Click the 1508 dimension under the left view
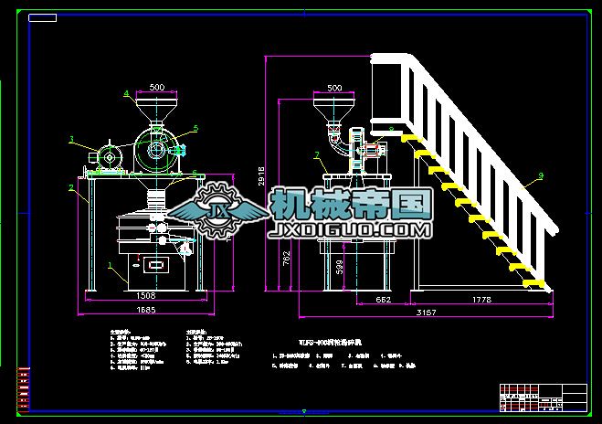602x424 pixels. pos(144,296)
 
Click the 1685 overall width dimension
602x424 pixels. pos(144,310)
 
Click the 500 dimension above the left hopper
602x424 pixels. pos(156,88)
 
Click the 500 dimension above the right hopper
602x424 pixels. pos(333,88)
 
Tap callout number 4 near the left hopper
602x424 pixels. pos(126,92)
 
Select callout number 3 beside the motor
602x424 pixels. pos(71,140)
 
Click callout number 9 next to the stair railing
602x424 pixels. pos(541,175)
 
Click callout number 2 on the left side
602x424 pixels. pos(71,188)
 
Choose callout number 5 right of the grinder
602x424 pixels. pos(195,129)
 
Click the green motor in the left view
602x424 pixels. pos(109,155)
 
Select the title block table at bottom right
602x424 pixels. pos(543,396)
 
